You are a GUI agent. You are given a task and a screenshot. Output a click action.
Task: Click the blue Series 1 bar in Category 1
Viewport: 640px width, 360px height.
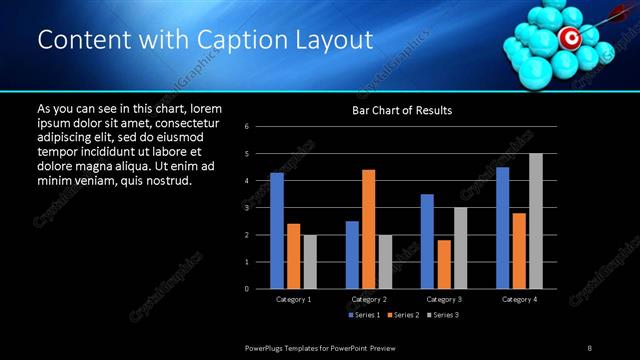click(277, 231)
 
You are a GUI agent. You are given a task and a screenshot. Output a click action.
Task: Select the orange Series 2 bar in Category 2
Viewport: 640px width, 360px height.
click(369, 229)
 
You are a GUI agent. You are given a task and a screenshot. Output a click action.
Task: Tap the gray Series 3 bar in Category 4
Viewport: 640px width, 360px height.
click(536, 221)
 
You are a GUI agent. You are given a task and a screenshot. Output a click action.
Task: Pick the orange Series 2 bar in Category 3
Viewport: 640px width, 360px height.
click(444, 264)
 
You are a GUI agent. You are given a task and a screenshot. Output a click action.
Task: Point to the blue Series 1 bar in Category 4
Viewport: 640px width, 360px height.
click(503, 228)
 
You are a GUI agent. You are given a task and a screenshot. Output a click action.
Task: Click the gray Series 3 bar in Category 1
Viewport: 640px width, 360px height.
click(310, 262)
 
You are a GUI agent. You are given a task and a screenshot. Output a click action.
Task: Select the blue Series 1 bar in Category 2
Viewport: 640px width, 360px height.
click(352, 255)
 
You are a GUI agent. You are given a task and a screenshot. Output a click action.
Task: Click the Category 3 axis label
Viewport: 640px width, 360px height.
click(444, 299)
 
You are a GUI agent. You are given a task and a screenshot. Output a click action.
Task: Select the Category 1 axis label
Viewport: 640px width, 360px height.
click(293, 299)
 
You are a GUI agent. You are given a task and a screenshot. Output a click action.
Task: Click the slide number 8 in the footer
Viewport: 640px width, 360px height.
click(589, 346)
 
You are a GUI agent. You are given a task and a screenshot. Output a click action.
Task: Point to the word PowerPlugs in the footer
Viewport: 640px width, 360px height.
click(267, 346)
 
